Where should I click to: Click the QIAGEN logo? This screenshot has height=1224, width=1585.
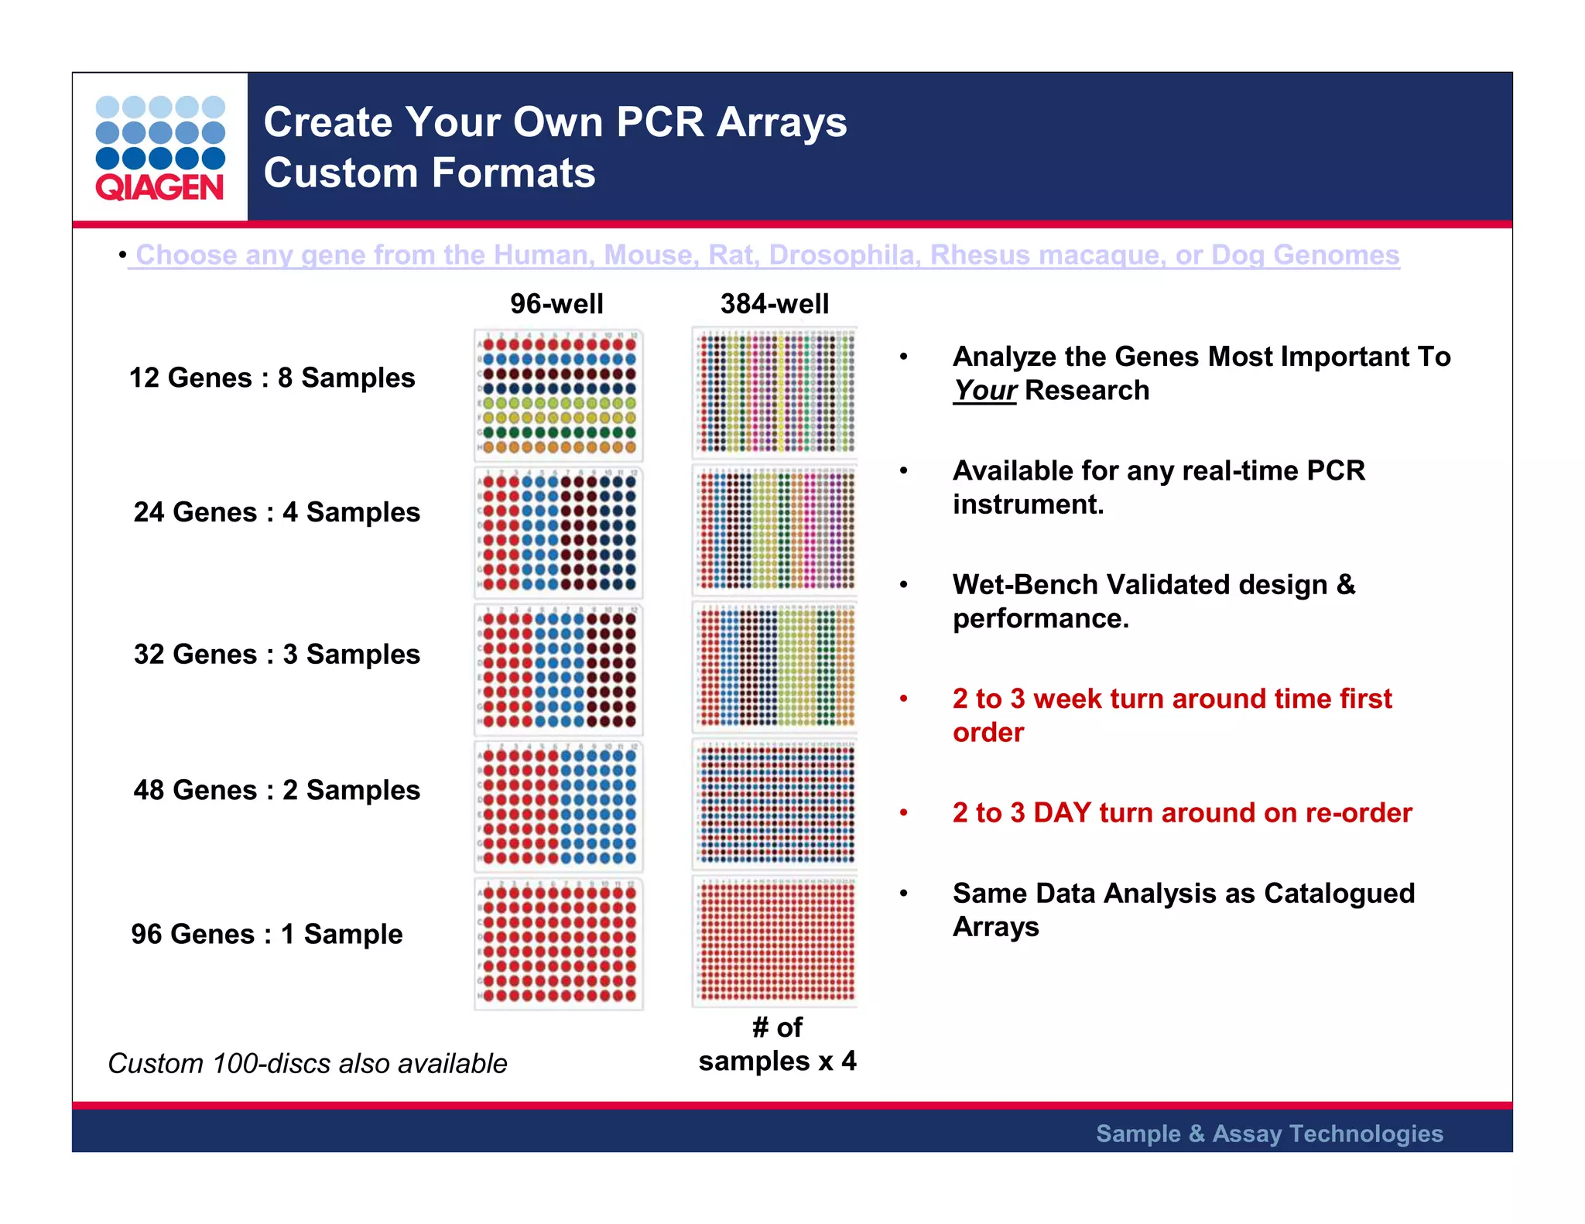(x=160, y=148)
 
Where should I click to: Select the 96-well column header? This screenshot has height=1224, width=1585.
(x=556, y=303)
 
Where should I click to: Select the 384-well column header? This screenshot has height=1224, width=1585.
(x=774, y=303)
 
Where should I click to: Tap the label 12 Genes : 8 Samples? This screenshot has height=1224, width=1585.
(x=272, y=378)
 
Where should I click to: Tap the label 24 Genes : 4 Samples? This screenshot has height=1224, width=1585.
(x=276, y=512)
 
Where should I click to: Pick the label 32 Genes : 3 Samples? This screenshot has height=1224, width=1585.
(x=276, y=654)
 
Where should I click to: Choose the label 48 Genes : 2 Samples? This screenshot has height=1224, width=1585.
(x=276, y=790)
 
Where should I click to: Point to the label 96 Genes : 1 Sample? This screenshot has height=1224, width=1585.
(x=266, y=934)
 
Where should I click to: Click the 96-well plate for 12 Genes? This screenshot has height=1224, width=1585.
(x=558, y=395)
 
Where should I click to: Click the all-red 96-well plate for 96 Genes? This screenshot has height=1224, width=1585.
(x=558, y=943)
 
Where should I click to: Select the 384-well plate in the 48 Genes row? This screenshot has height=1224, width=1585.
(x=775, y=804)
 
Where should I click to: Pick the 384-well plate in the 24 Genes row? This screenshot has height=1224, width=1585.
(x=775, y=530)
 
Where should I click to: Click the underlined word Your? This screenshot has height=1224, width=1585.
(x=984, y=391)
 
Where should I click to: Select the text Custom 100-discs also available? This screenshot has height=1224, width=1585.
(x=307, y=1063)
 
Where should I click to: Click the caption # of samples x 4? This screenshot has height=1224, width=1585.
(x=777, y=1045)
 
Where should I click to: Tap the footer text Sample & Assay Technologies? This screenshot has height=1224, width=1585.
(x=1269, y=1133)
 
